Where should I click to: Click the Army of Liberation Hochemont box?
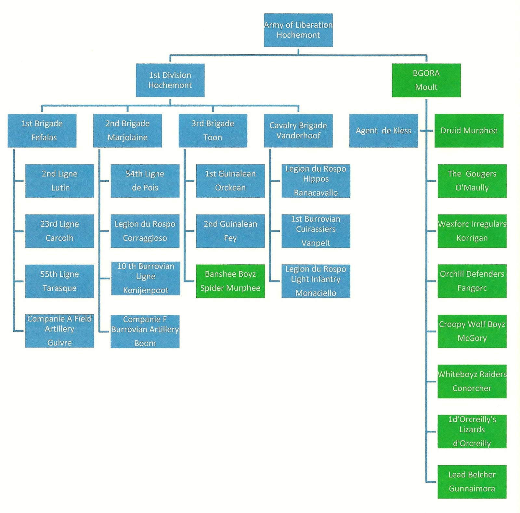click(x=298, y=30)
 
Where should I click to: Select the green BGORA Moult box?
click(x=426, y=80)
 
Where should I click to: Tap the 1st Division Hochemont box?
click(x=170, y=80)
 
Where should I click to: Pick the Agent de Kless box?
click(x=383, y=131)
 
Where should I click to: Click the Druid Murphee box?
click(x=469, y=131)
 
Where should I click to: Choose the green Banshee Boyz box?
click(x=230, y=281)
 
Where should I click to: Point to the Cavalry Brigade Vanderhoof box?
click(x=298, y=131)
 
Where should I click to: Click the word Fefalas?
click(x=44, y=138)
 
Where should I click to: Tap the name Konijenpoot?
click(x=146, y=290)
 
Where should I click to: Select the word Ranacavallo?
click(x=316, y=193)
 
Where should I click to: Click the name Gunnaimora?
click(x=472, y=489)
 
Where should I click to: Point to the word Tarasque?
click(x=59, y=288)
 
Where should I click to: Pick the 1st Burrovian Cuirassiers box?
click(x=316, y=231)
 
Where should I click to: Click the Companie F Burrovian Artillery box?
click(x=145, y=331)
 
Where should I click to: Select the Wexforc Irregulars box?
click(x=472, y=231)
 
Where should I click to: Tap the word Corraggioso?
click(x=145, y=238)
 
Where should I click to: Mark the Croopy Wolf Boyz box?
click(x=472, y=331)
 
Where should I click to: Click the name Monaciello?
click(x=316, y=293)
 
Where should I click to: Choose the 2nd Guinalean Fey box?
click(x=230, y=231)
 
